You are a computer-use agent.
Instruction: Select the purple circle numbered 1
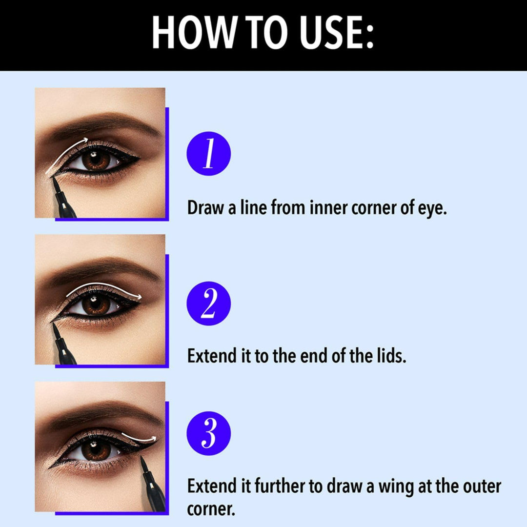tap(208, 153)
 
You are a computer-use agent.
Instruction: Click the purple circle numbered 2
tap(208, 304)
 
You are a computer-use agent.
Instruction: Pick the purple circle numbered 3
tap(208, 433)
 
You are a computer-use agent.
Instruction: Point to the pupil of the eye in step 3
tap(96, 449)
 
